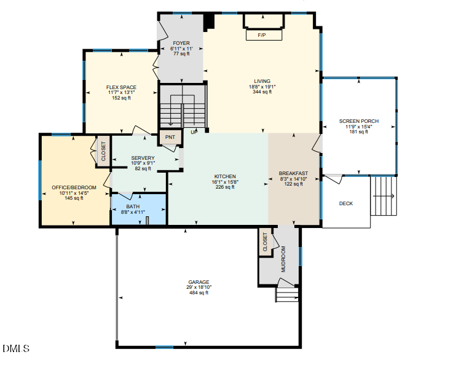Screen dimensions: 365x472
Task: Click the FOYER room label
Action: point(181,43)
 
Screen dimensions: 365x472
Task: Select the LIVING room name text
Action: point(262,81)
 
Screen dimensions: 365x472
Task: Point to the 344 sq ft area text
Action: point(262,92)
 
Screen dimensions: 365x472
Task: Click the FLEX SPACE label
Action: point(121,87)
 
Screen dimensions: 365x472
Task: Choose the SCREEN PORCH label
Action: point(358,121)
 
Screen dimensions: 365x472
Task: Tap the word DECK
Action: point(346,203)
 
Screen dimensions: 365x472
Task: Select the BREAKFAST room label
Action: point(293,173)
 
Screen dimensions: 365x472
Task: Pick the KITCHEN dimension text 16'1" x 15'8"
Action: point(225,182)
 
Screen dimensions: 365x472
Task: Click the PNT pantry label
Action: point(170,138)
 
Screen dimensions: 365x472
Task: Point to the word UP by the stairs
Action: point(194,132)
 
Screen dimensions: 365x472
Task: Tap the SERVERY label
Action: point(143,158)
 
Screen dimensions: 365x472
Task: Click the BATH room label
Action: point(133,206)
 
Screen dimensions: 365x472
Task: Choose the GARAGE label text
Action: point(199,281)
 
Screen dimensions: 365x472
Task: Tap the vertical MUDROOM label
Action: point(284,259)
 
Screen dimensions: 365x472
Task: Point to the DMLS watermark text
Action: point(16,349)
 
